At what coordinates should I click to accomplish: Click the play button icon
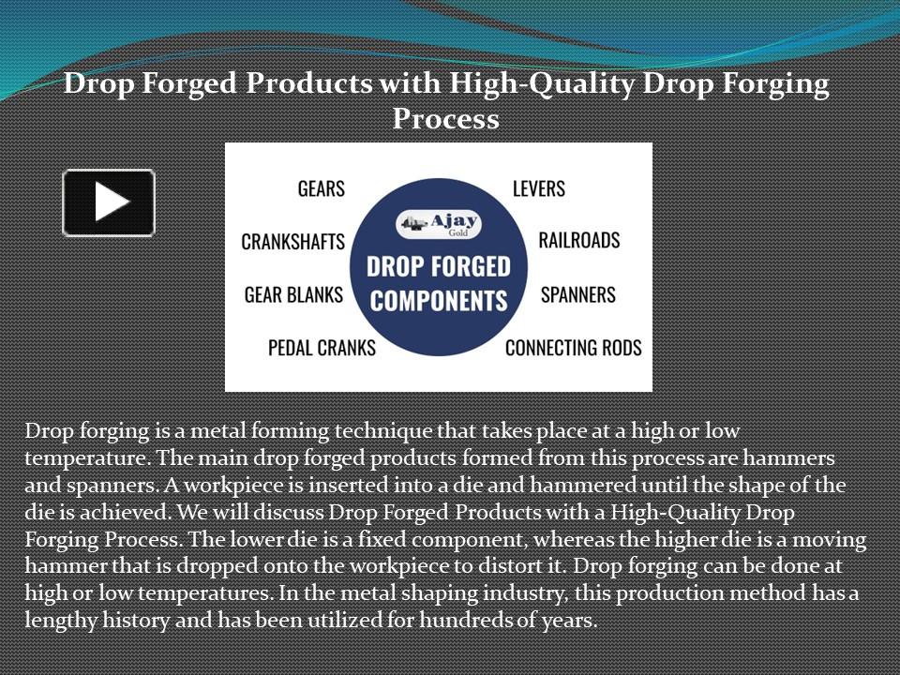coord(109,202)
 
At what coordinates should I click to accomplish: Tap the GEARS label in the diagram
coord(321,188)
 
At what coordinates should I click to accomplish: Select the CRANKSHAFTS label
coord(292,242)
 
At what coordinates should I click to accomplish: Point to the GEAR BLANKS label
coord(293,295)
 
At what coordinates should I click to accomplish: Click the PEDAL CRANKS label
coord(322,348)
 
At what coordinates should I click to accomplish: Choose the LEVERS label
coord(539,188)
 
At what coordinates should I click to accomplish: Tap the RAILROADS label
coord(579,240)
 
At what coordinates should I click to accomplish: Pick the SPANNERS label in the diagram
coord(578,295)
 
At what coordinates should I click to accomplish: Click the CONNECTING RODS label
coord(574,348)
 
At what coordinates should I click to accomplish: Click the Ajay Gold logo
coord(438,225)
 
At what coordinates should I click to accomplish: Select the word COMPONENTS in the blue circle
coord(438,300)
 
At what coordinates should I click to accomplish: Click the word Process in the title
coord(445,120)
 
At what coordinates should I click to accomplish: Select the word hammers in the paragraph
coord(797,459)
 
